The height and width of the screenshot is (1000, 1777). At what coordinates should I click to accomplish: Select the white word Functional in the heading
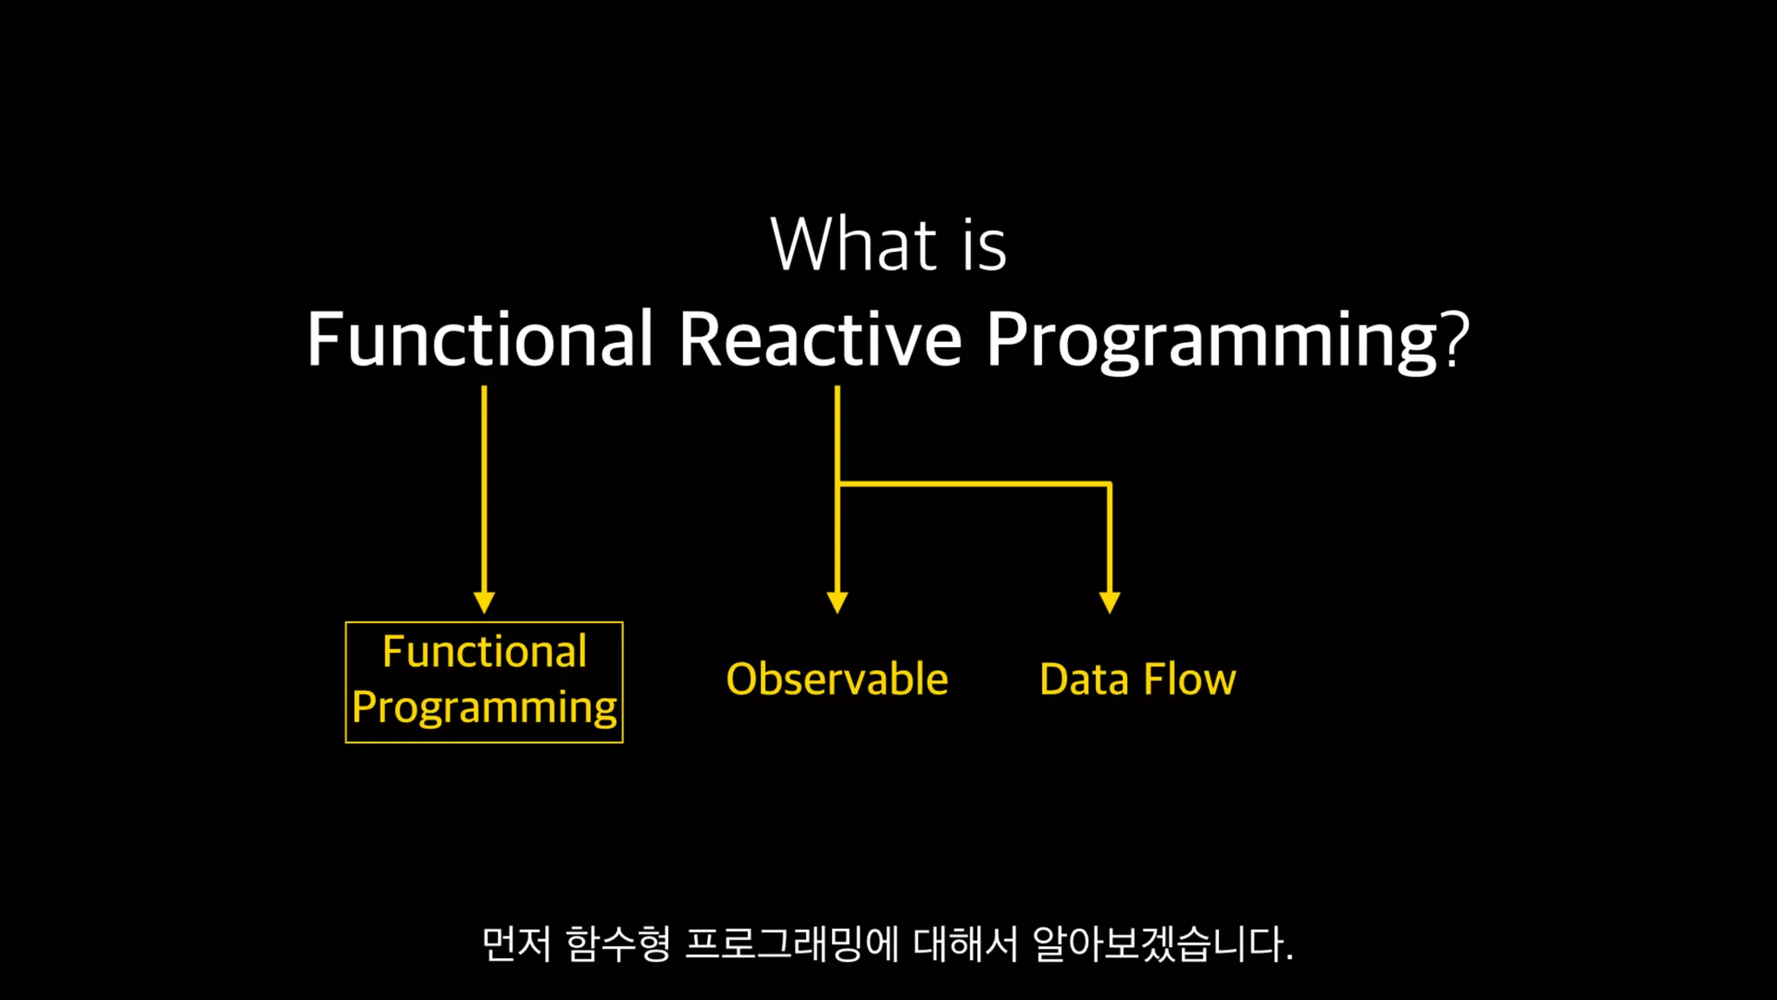tap(480, 339)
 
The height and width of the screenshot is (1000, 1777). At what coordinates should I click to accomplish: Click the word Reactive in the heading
tap(820, 339)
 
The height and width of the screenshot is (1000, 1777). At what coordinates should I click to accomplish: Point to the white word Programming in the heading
tap(1211, 341)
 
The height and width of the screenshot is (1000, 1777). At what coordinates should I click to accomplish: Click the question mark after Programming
tap(1455, 339)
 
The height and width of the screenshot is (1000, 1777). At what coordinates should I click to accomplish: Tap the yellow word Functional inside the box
tap(484, 651)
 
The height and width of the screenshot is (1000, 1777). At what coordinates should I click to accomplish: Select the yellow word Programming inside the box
tap(484, 707)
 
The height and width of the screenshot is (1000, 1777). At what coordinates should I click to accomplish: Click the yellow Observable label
tap(837, 679)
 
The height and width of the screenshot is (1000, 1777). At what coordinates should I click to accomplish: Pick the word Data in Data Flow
tap(1084, 679)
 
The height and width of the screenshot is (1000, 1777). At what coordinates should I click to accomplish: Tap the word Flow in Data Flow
tap(1190, 679)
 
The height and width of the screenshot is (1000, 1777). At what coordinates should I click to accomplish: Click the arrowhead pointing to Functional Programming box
tap(484, 603)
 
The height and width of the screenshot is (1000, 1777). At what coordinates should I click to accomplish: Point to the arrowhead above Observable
tap(837, 603)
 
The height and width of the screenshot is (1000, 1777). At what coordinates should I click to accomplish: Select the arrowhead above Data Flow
tap(1110, 603)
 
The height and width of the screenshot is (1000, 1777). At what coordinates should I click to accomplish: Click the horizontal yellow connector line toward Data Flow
tap(974, 484)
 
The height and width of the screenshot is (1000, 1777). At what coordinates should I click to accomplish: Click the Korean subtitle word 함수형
tap(618, 944)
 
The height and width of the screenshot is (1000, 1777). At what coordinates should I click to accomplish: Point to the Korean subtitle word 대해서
tap(966, 944)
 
